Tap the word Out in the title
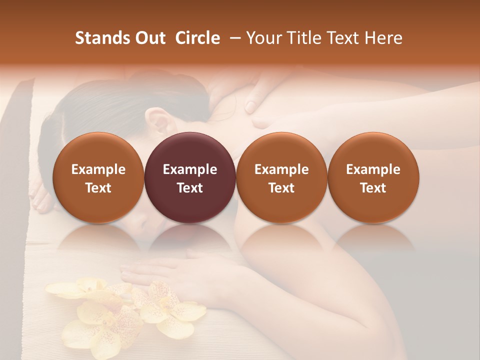[149, 38]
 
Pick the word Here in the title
[382, 38]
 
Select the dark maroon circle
[190, 177]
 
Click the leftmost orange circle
[98, 177]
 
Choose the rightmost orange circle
[373, 177]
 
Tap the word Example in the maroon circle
[190, 169]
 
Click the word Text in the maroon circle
[190, 188]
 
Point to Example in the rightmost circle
[373, 169]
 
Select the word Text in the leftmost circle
[98, 188]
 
